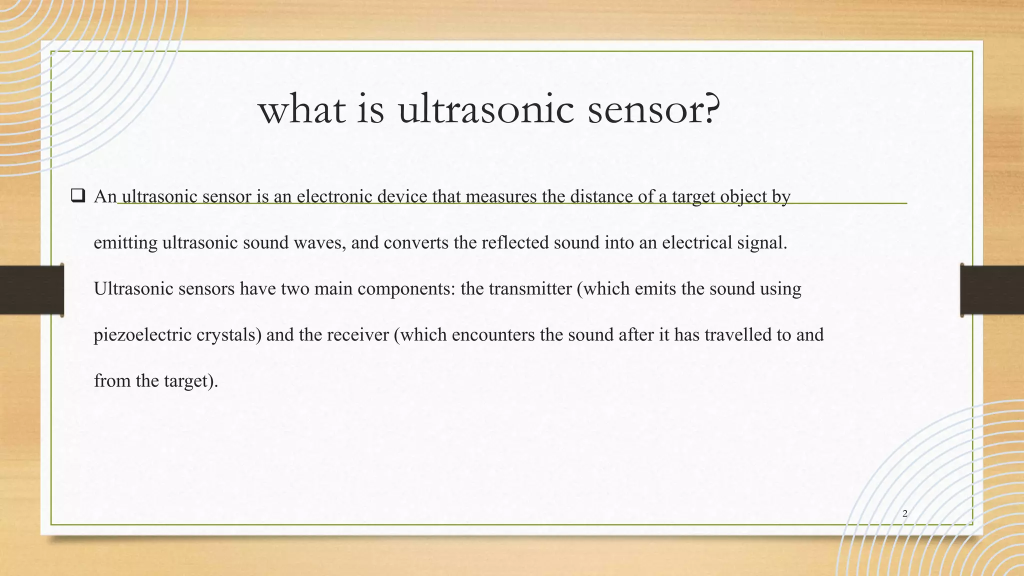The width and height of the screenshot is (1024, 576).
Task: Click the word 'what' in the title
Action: click(x=301, y=110)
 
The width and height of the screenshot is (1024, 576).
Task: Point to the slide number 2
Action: click(x=904, y=513)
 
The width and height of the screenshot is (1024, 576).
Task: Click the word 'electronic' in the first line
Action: click(x=334, y=196)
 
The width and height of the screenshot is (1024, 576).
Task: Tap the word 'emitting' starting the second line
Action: click(x=125, y=243)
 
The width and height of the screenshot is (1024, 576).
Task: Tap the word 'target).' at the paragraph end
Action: click(x=191, y=381)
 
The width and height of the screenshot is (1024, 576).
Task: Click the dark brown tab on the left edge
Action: click(x=31, y=290)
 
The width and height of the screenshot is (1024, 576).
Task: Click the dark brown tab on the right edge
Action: click(x=991, y=290)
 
